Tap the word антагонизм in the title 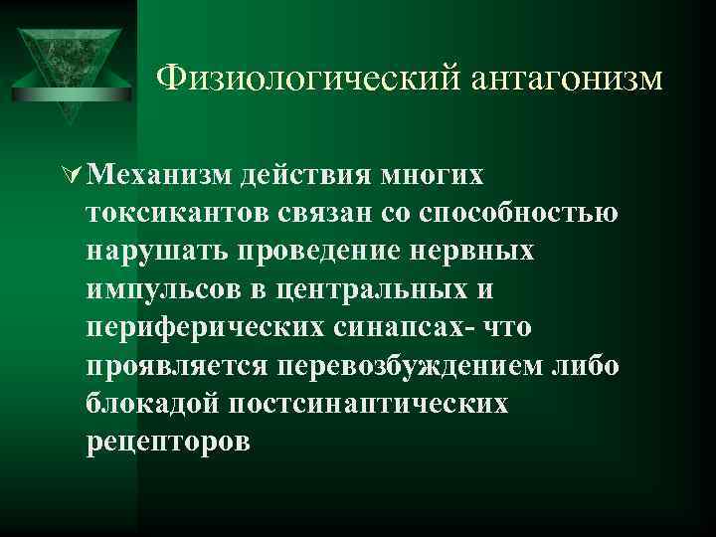click(x=557, y=77)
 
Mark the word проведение click(x=320, y=252)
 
